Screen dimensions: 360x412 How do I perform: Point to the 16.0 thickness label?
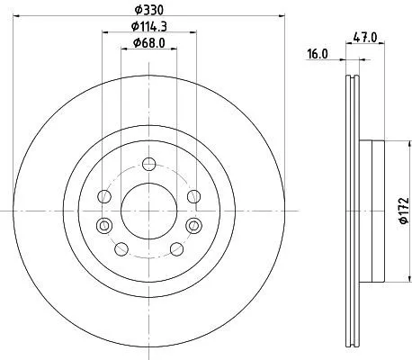pos(318,55)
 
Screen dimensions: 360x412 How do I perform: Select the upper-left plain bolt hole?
pos(105,197)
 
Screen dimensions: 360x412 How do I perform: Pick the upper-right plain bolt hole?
pos(193,197)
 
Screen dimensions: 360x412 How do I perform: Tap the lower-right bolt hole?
pos(177,249)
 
